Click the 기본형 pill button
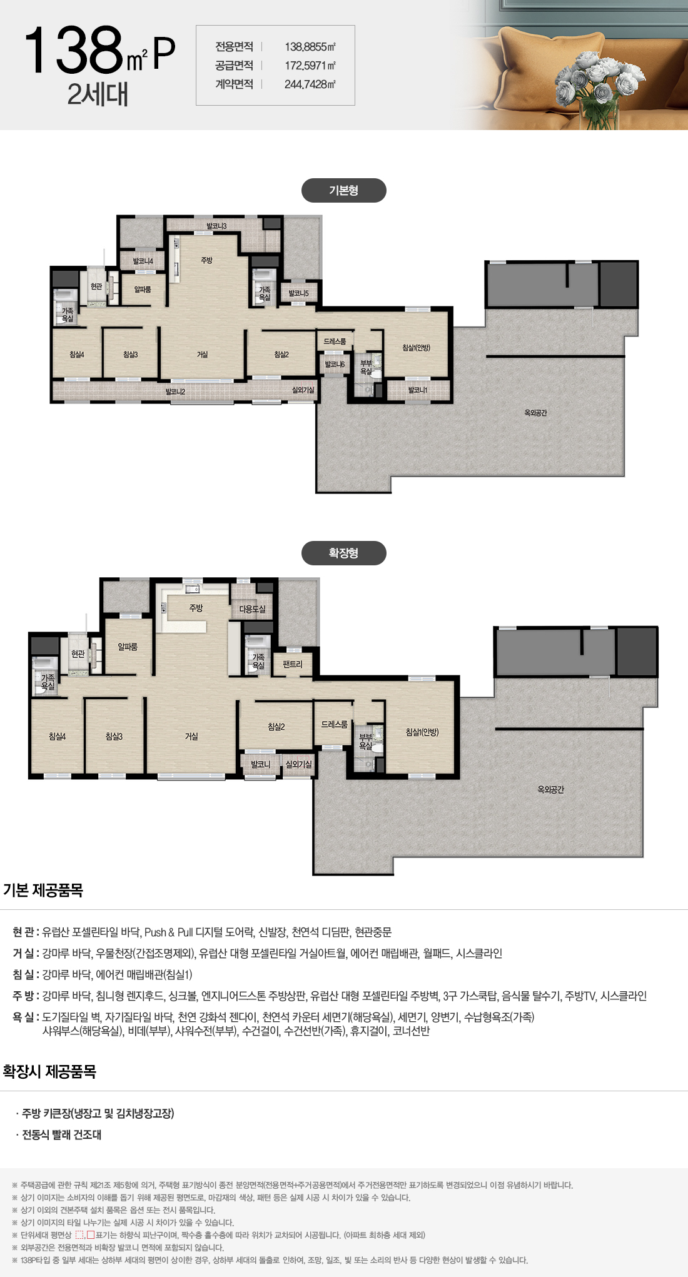point(343,191)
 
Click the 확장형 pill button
point(343,553)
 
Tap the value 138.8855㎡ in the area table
point(310,47)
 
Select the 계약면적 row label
point(234,84)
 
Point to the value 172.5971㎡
point(310,66)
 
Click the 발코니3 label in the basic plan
point(216,226)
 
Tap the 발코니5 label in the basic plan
point(298,293)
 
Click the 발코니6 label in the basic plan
point(335,364)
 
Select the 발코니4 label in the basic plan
point(143,261)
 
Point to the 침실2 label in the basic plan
point(281,355)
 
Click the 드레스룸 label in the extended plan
point(334,724)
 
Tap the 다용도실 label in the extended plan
point(252,608)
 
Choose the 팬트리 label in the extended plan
point(292,664)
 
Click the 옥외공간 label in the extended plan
point(550,790)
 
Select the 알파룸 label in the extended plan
point(128,647)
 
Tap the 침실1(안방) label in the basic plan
point(417,348)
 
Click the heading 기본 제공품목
point(43,890)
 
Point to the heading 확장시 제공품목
point(49,1071)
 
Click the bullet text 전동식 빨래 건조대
point(61,1134)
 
